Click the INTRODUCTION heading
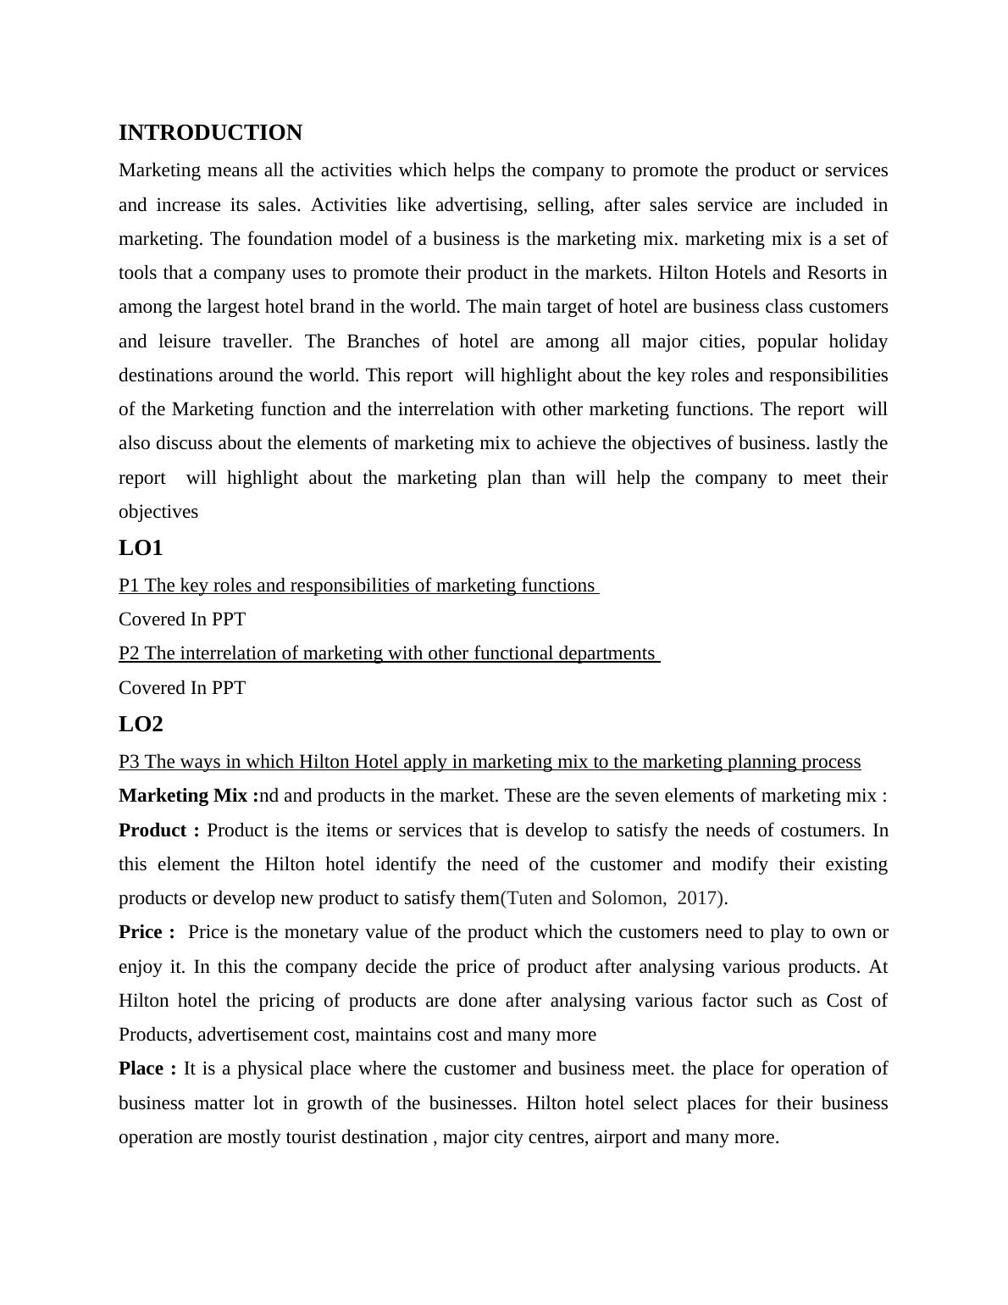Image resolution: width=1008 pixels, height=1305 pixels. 210,133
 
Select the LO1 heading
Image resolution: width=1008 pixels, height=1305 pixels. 141,548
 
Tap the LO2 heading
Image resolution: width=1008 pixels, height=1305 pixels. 141,725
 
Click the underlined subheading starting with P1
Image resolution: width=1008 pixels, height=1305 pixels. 357,586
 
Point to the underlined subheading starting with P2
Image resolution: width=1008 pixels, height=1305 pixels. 388,653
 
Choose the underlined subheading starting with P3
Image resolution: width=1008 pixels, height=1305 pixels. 490,762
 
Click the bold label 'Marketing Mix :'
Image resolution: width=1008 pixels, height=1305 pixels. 188,796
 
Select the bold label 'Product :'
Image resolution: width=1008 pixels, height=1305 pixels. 158,830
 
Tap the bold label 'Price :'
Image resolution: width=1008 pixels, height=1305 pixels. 147,932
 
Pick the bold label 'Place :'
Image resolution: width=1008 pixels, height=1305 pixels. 147,1069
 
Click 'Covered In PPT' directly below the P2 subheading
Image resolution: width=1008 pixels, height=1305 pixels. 182,688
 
